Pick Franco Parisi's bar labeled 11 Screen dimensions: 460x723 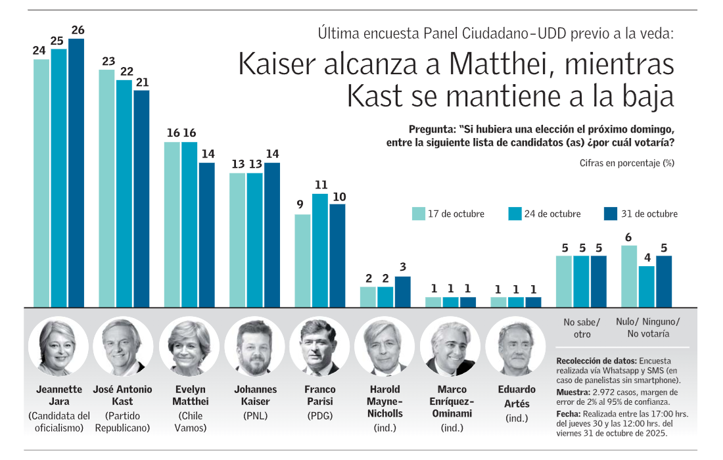tap(320, 250)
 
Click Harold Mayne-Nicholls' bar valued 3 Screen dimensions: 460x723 tap(402, 292)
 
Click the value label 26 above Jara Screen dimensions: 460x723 tap(78, 30)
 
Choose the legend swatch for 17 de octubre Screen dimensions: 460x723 tap(419, 214)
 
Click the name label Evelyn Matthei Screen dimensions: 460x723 tap(190, 395)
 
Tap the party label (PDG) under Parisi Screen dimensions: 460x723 tap(320, 415)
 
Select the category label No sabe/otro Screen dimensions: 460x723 tap(582, 328)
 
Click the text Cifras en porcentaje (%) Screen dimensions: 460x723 tap(627, 162)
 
